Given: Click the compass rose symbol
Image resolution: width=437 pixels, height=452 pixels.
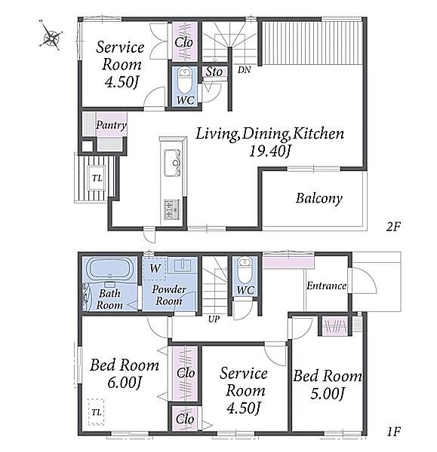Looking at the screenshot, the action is click(51, 36).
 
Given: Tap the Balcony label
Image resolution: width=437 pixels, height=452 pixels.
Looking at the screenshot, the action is click(319, 199).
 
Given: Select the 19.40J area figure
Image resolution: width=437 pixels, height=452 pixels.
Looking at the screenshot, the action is click(269, 151).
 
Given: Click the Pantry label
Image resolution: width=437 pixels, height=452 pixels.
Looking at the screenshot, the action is click(111, 125).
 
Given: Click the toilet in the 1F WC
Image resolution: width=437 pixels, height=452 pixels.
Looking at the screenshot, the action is click(245, 270).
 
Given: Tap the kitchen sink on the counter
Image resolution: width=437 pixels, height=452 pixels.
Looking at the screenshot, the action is click(172, 163).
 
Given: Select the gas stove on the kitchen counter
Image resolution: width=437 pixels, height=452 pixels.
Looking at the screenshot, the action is click(172, 209).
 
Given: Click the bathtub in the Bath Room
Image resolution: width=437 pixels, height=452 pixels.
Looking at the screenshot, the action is click(109, 269).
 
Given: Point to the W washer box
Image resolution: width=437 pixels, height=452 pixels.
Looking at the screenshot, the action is click(155, 268).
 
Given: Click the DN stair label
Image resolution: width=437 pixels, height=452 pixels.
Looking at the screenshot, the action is click(244, 70).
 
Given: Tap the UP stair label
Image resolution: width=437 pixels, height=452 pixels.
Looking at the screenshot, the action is click(214, 319).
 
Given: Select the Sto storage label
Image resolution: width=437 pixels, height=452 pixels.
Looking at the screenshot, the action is click(214, 72).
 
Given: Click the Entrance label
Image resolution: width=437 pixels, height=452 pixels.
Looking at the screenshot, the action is click(326, 286).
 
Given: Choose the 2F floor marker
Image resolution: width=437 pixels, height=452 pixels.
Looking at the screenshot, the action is click(393, 227).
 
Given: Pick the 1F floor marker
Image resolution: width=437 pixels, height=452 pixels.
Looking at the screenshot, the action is click(393, 432).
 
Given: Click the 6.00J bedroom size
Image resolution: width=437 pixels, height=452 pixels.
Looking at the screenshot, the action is click(125, 383).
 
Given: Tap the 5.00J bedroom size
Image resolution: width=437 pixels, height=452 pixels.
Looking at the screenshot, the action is click(328, 393).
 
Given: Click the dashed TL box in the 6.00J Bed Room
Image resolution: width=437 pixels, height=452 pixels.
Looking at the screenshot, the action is click(96, 412).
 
